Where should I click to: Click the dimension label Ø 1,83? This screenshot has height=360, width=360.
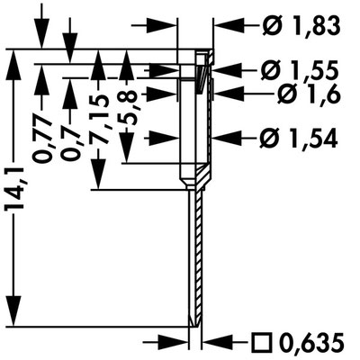[301, 26]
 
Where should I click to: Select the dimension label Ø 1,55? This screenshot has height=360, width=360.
[300, 72]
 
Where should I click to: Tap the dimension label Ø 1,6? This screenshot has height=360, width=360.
[309, 94]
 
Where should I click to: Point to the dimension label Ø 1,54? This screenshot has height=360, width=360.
[299, 139]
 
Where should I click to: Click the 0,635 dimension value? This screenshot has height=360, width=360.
[311, 342]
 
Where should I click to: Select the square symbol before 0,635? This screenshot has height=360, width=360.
[263, 342]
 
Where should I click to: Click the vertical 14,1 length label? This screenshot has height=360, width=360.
[13, 189]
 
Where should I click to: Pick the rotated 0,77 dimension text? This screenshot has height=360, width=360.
[42, 138]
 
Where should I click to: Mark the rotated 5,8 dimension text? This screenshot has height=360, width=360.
[127, 109]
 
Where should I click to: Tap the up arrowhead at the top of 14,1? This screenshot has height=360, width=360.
[13, 64]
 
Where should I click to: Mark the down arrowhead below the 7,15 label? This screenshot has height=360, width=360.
[98, 175]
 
